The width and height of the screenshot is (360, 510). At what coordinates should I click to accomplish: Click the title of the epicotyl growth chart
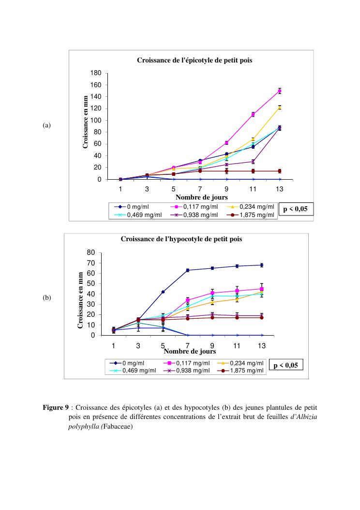coord(195,61)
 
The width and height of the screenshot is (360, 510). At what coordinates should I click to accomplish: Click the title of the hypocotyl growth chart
coord(181,239)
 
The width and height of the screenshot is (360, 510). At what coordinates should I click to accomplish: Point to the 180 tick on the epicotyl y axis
coord(96,73)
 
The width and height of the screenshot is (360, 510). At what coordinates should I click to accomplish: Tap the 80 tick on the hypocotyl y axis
coord(90,252)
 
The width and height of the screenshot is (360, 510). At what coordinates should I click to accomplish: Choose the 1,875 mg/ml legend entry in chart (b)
coord(247,371)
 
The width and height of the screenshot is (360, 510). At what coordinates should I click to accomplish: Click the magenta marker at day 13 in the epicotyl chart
coord(280,91)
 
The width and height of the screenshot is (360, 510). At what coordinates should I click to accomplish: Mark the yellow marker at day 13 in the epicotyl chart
coord(280,108)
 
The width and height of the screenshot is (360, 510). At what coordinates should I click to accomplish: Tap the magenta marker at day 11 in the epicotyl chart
coord(253,114)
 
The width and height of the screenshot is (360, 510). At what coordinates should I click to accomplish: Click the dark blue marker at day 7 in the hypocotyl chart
coord(188,270)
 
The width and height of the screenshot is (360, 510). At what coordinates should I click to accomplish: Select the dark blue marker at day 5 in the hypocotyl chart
coord(163,292)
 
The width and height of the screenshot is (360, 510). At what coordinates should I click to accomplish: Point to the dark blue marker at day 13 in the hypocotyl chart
coord(262,265)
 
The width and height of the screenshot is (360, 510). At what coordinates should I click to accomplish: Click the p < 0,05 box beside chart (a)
coord(296,209)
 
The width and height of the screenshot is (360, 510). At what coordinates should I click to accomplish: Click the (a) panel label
coord(46,125)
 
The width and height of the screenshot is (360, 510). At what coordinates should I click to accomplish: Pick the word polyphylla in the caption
coord(83,427)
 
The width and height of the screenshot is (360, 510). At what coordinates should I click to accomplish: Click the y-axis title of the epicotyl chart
coord(85,122)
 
